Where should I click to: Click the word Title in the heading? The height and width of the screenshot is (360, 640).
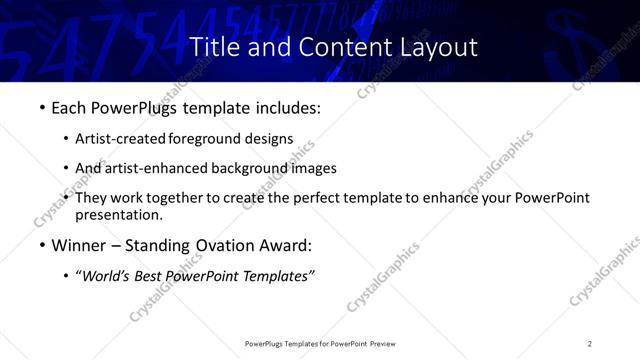coord(212,47)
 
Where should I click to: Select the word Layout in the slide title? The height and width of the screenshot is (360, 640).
coord(440,47)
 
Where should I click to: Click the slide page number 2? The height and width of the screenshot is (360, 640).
coord(590,343)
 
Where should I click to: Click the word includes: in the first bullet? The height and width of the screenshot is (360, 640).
coord(289,107)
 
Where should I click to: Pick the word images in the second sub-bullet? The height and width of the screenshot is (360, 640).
coord(315,168)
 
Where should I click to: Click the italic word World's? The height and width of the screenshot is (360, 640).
coord(103,276)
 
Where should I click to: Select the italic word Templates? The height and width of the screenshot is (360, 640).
coord(278,276)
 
